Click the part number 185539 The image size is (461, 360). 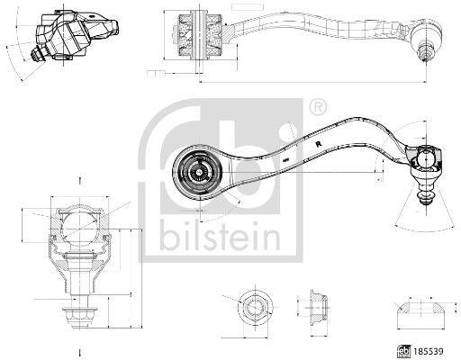pyautogui.click(x=428, y=351)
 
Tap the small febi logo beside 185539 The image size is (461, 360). pyautogui.click(x=404, y=351)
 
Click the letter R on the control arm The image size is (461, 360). pyautogui.click(x=318, y=144)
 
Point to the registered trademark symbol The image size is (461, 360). pyautogui.click(x=318, y=106)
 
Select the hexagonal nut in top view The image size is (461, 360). pyautogui.click(x=255, y=307)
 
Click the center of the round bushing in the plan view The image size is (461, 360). pyautogui.click(x=199, y=172)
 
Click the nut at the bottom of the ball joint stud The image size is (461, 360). pyautogui.click(x=79, y=317)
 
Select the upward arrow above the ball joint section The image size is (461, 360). pyautogui.click(x=79, y=180)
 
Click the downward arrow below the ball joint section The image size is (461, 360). pyautogui.click(x=79, y=352)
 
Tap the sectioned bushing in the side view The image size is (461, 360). pyautogui.click(x=199, y=35)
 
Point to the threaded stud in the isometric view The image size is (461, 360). pyautogui.click(x=39, y=56)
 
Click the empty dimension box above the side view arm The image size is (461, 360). pyautogui.click(x=248, y=6)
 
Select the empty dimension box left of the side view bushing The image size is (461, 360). pyautogui.click(x=156, y=73)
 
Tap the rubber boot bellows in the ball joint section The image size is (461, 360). pyautogui.click(x=80, y=246)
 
